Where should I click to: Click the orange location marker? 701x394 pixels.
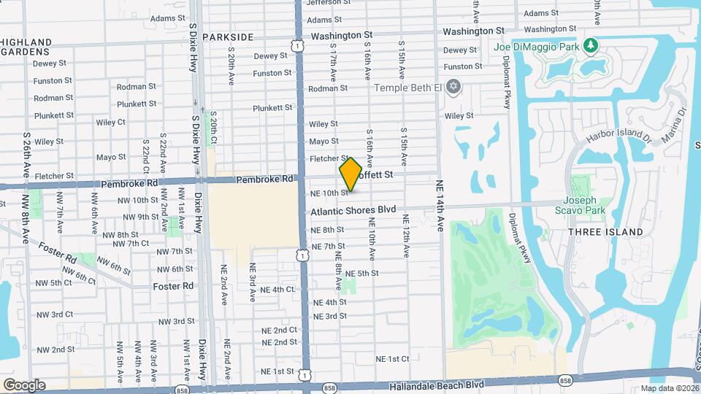[x=350, y=174]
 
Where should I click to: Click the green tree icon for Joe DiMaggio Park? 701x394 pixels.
[x=590, y=47]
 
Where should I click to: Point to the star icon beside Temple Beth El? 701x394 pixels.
[x=453, y=88]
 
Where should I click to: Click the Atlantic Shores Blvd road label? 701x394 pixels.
[x=353, y=210]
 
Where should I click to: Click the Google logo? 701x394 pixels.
[x=24, y=385]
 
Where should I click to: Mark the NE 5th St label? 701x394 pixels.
[x=362, y=273]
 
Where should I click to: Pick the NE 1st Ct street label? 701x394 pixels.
[x=392, y=359]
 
